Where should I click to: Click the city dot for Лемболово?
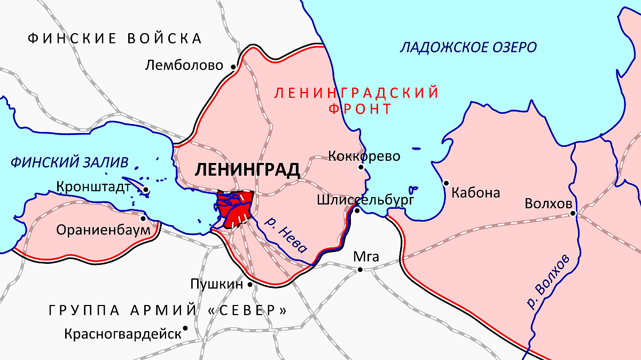coord(233,67)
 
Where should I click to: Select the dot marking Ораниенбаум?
coord(143,218)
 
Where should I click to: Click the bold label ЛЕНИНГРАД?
coord(247,170)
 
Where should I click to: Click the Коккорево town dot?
coord(361,167)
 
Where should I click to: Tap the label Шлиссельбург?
coord(365,200)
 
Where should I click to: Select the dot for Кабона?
coord(446,183)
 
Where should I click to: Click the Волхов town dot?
coord(573,214)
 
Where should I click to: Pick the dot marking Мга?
coord(360,270)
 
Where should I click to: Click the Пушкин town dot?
coord(250,285)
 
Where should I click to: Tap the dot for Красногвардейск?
coord(185,328)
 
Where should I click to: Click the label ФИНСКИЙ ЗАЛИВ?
coord(69,162)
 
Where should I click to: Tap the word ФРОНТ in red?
coord(360,109)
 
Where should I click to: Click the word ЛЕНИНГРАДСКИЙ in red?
coord(356,93)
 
